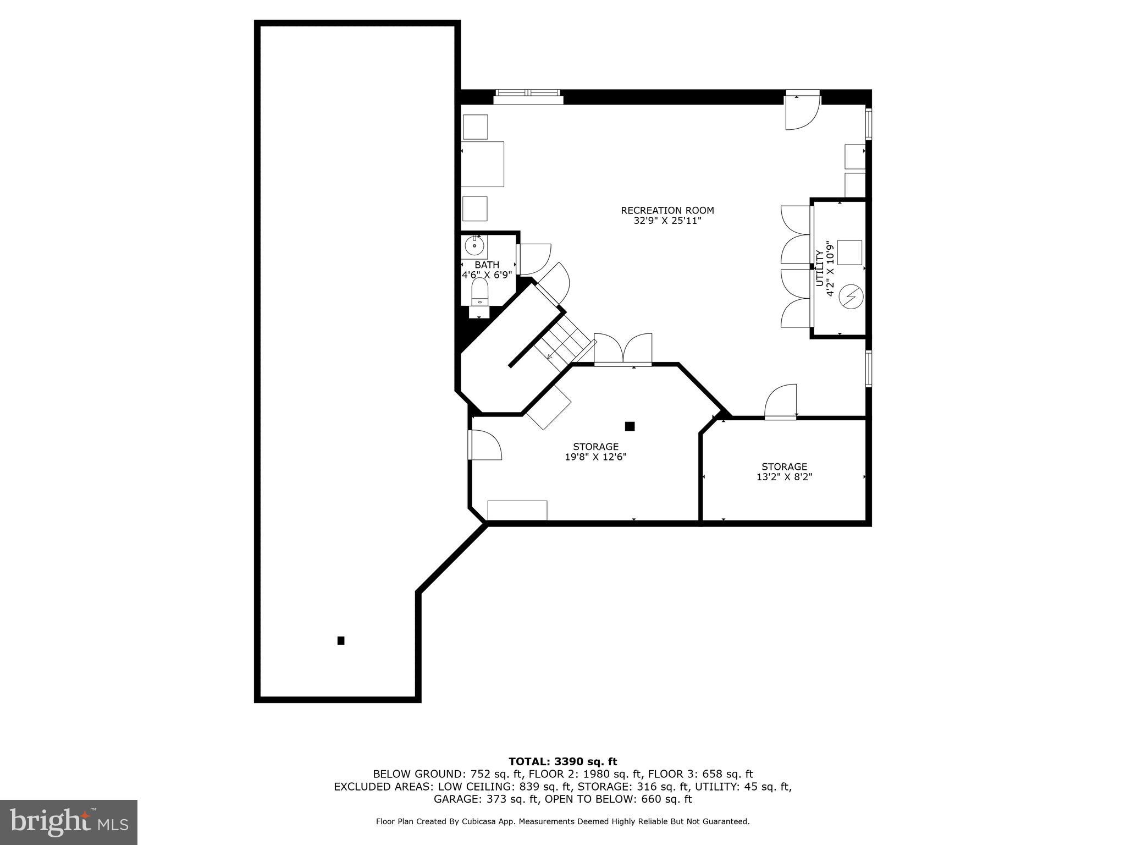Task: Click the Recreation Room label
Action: point(667,210)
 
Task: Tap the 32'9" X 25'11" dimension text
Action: point(667,221)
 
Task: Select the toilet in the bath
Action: point(480,292)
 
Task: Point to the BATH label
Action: point(487,265)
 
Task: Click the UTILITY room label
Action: point(820,268)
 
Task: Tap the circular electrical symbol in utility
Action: point(851,297)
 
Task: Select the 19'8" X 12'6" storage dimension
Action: point(595,457)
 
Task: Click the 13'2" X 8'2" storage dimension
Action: point(784,477)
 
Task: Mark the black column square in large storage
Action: point(630,426)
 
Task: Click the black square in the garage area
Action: point(341,640)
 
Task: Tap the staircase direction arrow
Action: point(550,356)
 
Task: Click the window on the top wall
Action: point(528,96)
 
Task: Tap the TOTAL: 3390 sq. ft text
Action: point(562,761)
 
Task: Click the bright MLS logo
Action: point(68,822)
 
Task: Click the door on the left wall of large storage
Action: point(484,445)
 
